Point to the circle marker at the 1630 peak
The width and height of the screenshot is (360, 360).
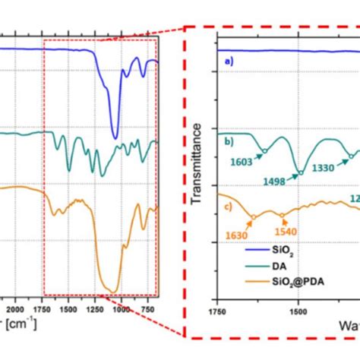coord(253,217)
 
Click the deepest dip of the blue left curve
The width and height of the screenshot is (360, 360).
coord(115,138)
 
